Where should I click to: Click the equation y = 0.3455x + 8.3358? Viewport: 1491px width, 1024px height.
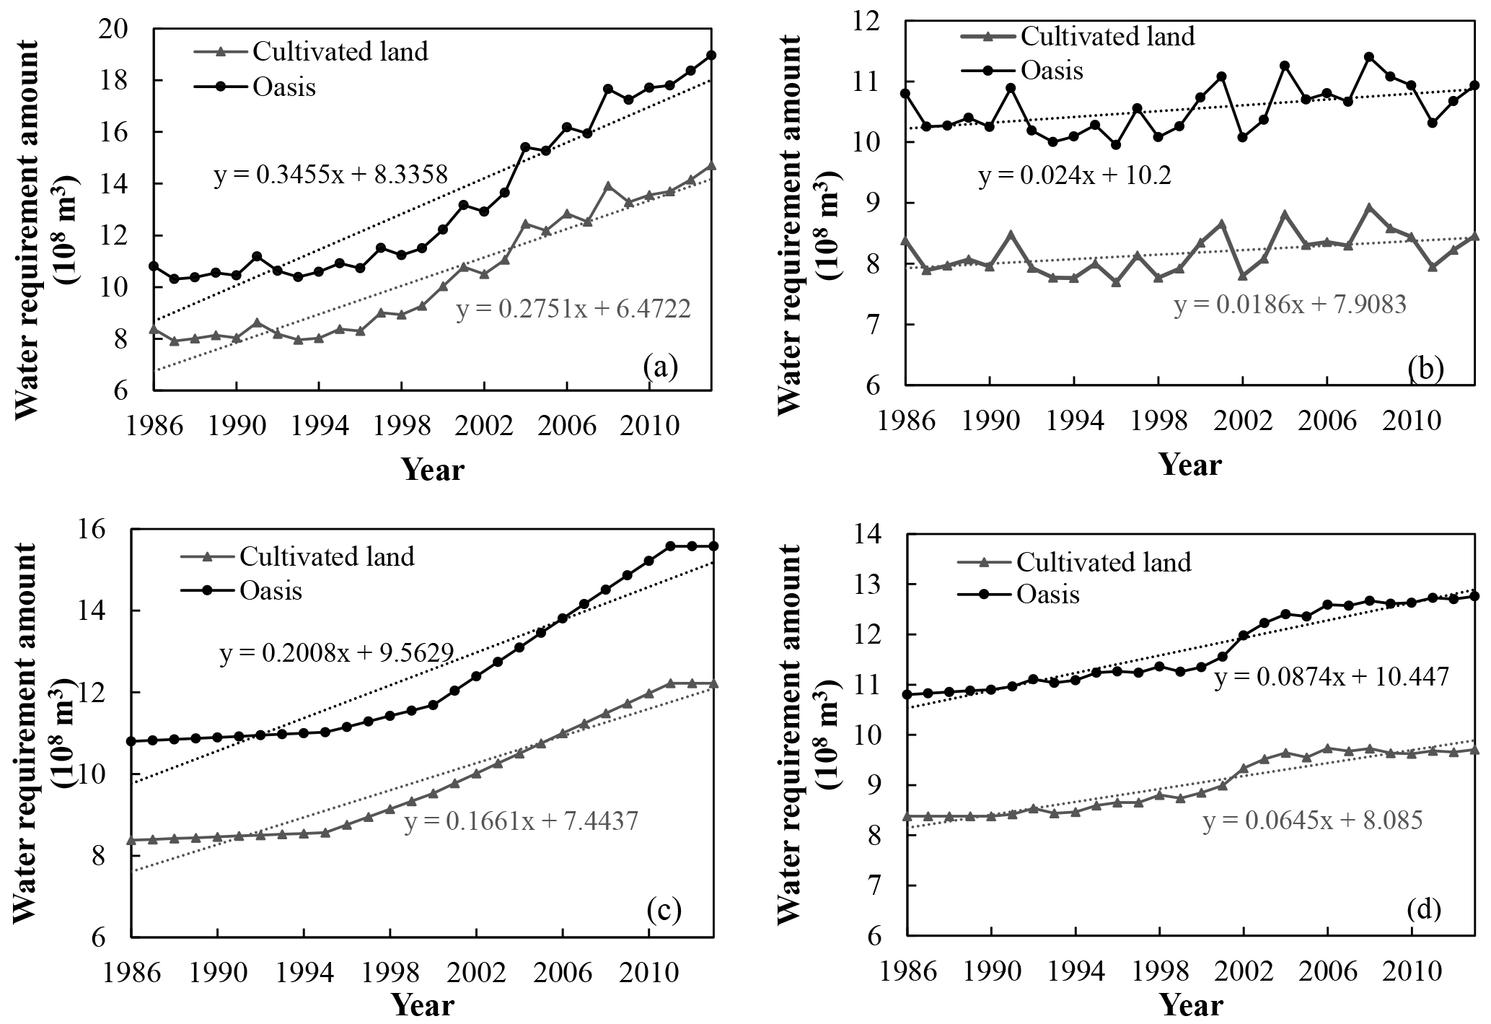[x=331, y=175]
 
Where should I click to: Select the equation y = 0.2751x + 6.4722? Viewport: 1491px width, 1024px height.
[x=573, y=310]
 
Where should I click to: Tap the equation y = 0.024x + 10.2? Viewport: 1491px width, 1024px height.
[x=1074, y=177]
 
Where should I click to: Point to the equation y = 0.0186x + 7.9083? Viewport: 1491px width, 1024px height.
[x=1290, y=305]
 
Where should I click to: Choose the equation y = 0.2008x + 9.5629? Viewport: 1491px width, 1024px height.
[x=336, y=654]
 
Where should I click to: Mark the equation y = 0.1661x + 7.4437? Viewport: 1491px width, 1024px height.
[x=521, y=821]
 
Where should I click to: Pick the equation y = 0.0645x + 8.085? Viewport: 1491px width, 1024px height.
[x=1313, y=821]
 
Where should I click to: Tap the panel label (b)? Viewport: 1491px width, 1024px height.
[x=1425, y=369]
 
